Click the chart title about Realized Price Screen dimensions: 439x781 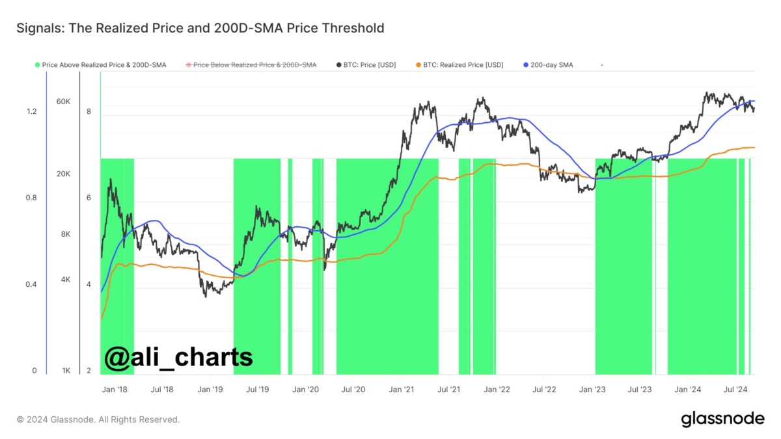(x=200, y=28)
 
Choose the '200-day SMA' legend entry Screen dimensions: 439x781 (x=551, y=65)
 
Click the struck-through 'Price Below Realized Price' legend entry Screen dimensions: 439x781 (x=251, y=65)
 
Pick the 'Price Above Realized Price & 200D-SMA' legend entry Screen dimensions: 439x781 (x=101, y=65)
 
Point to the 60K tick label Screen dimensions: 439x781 (x=63, y=101)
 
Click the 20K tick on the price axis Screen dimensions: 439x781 (x=63, y=174)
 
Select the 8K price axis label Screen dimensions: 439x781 (x=65, y=234)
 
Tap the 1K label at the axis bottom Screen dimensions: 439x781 (x=66, y=371)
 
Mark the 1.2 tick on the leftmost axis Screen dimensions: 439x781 (x=31, y=112)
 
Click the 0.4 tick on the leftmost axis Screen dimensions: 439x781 (x=31, y=285)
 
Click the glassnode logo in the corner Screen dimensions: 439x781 (x=722, y=419)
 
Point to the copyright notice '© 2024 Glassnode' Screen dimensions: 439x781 (x=98, y=419)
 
